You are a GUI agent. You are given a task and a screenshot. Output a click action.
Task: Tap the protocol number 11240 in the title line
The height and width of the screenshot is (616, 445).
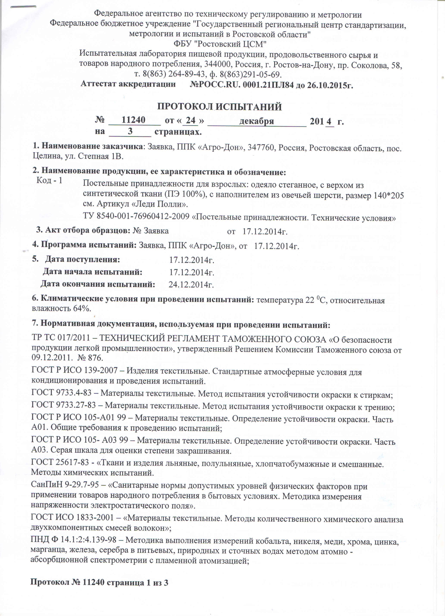pyautogui.click(x=133, y=120)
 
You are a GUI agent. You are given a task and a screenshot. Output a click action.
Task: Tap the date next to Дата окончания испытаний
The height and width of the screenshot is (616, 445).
pyautogui.click(x=191, y=284)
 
